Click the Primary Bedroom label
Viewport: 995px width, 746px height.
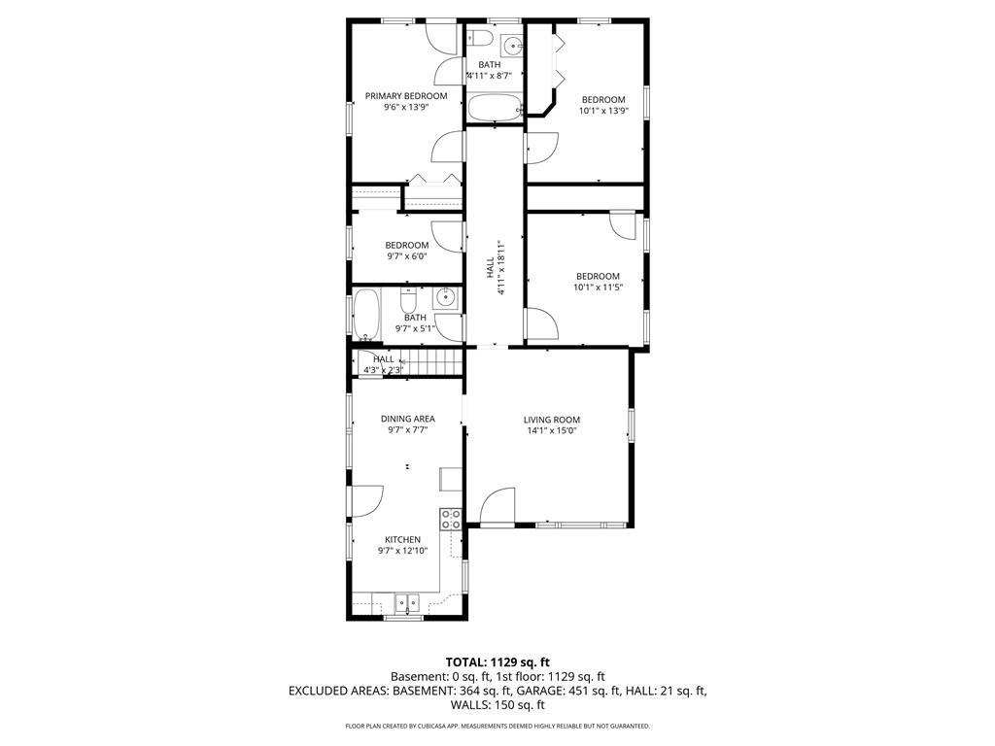point(406,96)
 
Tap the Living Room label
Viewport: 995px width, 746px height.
point(552,420)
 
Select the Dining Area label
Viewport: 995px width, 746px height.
point(407,419)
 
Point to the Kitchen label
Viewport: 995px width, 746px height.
point(402,540)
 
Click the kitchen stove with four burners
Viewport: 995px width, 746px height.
point(451,520)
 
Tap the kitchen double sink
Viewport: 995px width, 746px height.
point(407,602)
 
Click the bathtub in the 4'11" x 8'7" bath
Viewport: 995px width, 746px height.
point(495,108)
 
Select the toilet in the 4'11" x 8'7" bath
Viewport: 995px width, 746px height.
point(480,38)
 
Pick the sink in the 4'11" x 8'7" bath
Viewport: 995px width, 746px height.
point(512,45)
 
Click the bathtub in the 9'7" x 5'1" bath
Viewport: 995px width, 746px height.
point(366,314)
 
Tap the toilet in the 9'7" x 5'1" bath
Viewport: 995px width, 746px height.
point(408,298)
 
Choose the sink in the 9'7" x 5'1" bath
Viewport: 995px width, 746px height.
point(447,296)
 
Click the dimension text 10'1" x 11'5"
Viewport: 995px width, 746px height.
point(598,288)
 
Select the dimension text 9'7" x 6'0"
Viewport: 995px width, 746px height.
point(407,256)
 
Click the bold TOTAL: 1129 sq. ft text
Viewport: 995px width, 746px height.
point(497,662)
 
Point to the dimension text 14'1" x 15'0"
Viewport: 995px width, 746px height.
point(552,431)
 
